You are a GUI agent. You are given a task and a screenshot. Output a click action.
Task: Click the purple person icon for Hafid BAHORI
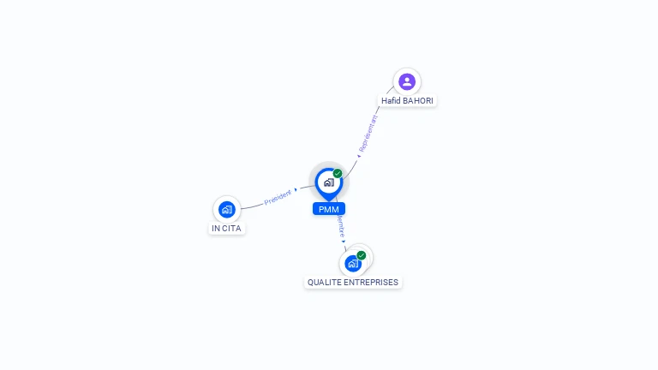407,81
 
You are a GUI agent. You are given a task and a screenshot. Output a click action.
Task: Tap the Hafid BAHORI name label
407,101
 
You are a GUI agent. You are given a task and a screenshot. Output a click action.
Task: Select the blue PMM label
328,209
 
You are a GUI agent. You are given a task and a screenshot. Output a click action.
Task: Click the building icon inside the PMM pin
328,182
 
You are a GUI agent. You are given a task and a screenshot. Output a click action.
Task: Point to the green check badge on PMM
338,173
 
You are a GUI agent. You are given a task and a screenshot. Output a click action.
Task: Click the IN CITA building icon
226,209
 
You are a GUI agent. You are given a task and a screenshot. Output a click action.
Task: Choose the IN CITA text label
227,229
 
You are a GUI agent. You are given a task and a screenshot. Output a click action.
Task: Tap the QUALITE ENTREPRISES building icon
352,264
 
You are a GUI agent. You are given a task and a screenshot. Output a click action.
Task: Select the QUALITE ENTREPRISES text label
353,282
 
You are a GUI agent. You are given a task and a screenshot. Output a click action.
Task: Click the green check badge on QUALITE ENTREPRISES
362,255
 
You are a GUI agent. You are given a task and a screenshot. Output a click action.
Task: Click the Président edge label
278,198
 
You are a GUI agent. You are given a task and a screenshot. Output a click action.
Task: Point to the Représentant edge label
368,134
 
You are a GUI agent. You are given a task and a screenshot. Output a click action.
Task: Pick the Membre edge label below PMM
340,226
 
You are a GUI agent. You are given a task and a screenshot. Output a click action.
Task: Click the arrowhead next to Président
296,189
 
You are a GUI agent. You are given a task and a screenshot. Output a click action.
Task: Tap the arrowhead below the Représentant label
359,156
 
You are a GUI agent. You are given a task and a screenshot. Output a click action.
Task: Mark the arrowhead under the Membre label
344,242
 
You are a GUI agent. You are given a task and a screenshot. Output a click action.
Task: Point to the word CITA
232,229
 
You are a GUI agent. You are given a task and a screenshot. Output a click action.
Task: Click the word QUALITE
324,282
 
